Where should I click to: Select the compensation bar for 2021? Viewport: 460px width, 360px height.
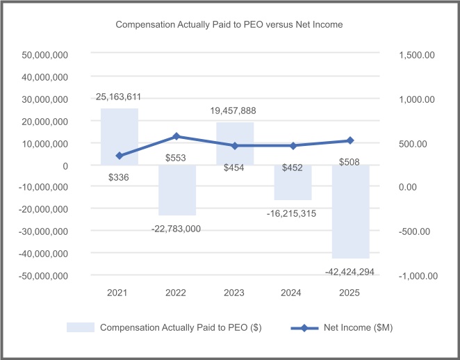120,136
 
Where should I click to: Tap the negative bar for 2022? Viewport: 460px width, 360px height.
177,190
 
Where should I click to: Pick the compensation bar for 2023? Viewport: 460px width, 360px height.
235,143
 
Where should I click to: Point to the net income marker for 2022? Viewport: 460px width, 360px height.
177,136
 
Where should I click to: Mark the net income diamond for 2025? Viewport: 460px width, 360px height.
350,140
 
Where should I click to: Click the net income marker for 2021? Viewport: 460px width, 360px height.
120,156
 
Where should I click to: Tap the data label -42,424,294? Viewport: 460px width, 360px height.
350,272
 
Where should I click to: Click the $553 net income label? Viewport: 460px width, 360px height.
176,158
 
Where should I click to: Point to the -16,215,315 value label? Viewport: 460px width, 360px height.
291,214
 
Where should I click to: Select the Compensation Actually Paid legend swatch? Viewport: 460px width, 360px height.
80,327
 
